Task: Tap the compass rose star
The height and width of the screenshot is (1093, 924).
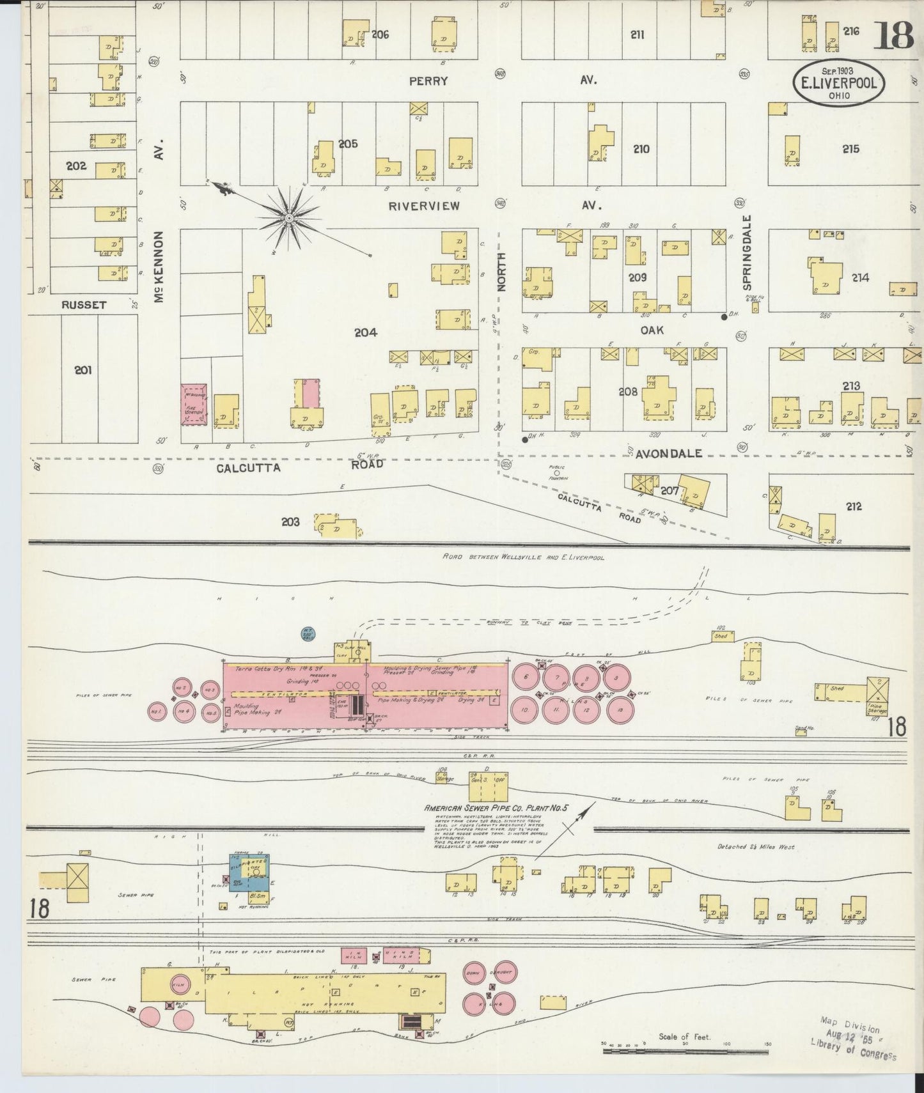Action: pyautogui.click(x=289, y=219)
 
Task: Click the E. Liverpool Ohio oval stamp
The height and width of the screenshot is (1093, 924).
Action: pyautogui.click(x=839, y=82)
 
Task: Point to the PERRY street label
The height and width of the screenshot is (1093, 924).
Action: pyautogui.click(x=430, y=81)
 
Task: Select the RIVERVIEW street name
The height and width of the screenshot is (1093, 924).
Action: pyautogui.click(x=424, y=206)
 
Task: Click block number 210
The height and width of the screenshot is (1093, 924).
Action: pyautogui.click(x=641, y=149)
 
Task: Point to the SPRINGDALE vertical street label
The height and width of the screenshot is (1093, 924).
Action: pyautogui.click(x=747, y=252)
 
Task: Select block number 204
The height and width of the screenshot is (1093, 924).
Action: pyautogui.click(x=366, y=332)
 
